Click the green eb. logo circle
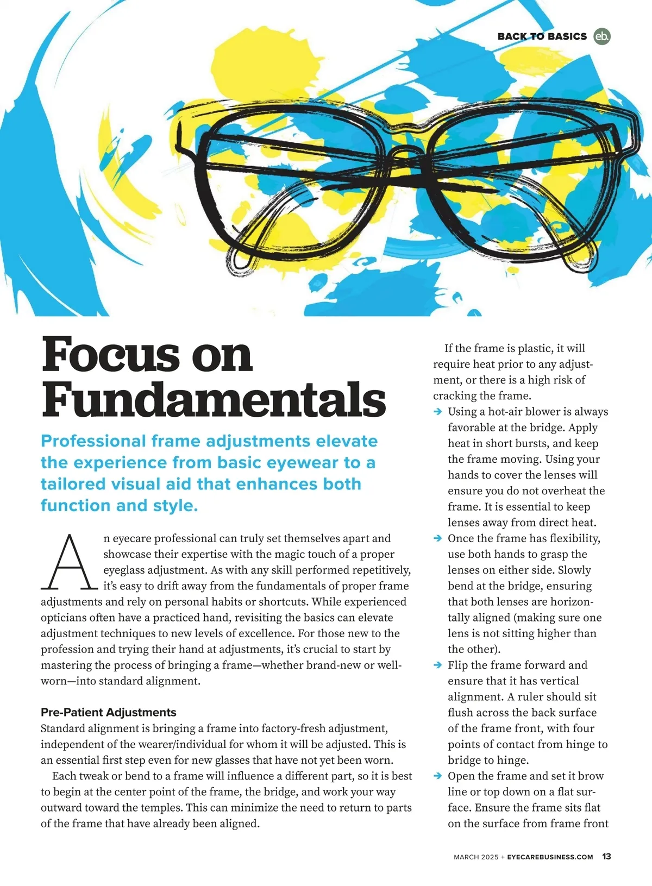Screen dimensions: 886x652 click(x=601, y=36)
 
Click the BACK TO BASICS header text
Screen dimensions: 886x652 click(x=542, y=36)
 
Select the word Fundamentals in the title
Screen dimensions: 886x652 click(x=214, y=399)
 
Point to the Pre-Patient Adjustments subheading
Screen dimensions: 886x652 click(x=109, y=712)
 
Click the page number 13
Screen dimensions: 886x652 click(x=606, y=857)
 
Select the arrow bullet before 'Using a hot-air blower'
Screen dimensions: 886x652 click(x=438, y=412)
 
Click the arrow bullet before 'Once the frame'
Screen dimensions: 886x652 click(x=438, y=538)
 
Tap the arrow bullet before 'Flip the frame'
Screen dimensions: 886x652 click(x=438, y=665)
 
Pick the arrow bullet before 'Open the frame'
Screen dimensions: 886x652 click(x=438, y=776)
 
